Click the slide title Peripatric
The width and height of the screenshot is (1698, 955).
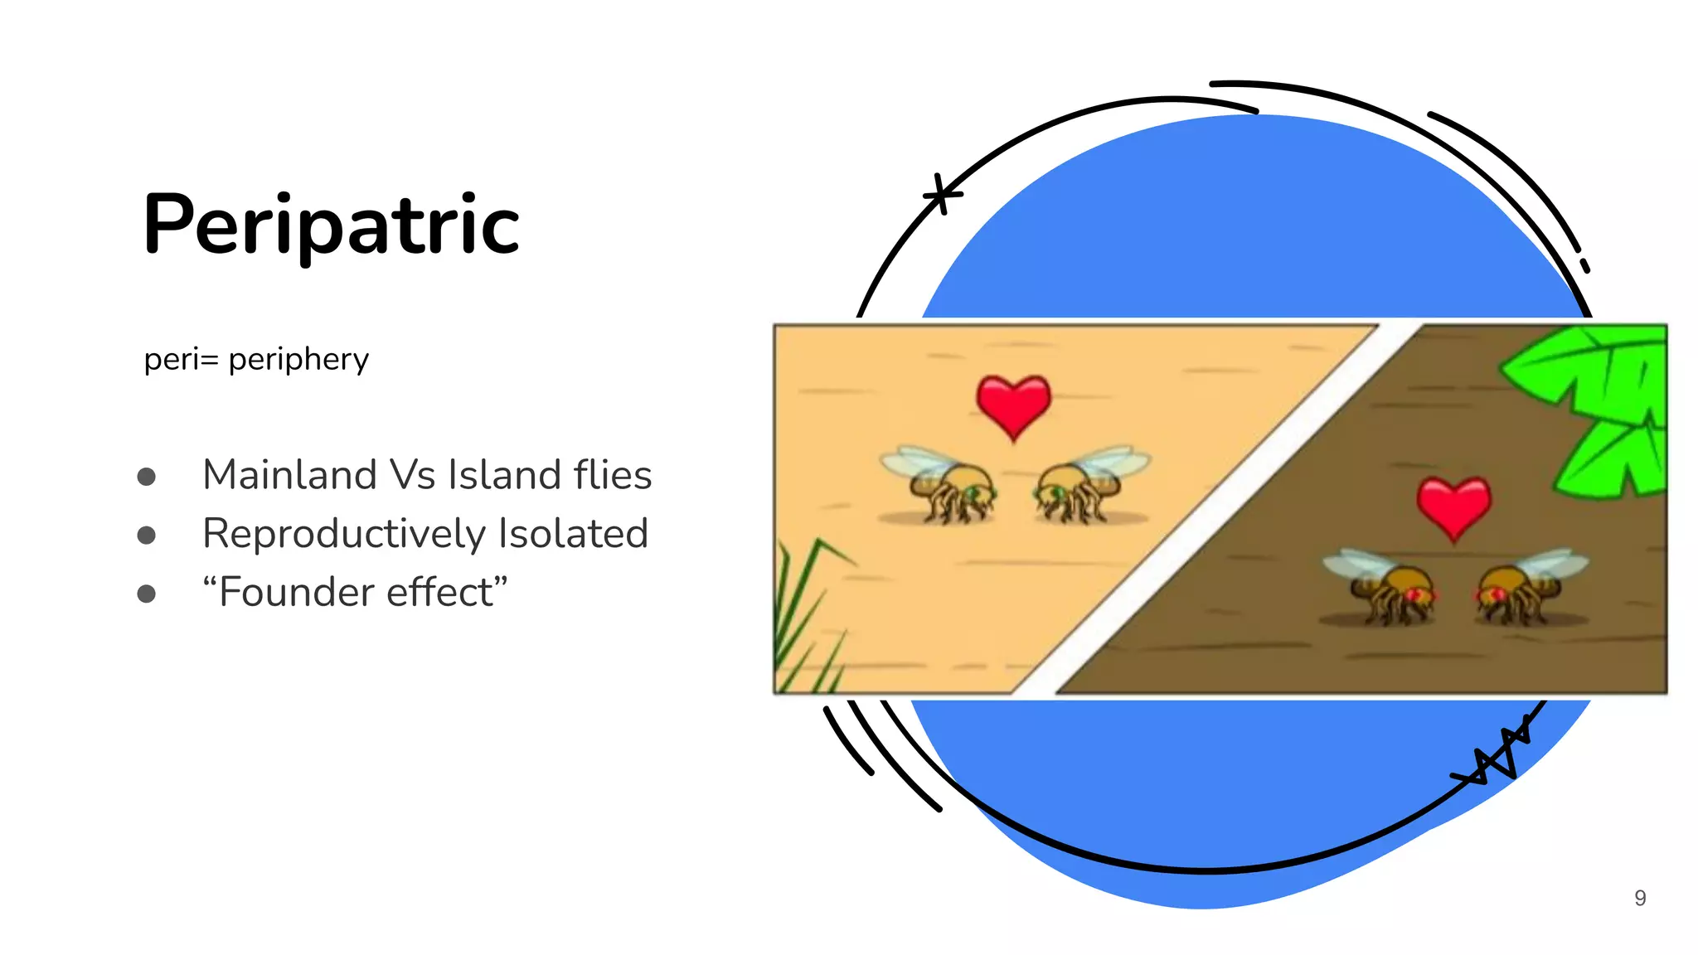(x=331, y=225)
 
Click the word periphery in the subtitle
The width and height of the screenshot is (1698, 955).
(x=298, y=360)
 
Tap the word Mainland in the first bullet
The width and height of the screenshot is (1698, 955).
(x=289, y=475)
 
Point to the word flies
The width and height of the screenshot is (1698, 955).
(x=613, y=475)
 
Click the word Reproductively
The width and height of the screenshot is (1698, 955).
(x=343, y=534)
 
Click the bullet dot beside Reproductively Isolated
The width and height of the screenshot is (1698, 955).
(x=147, y=535)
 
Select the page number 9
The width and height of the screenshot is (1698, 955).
(x=1640, y=898)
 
